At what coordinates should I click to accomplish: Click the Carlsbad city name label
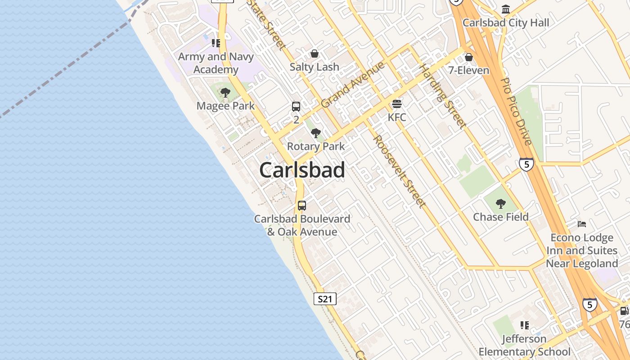pyautogui.click(x=302, y=170)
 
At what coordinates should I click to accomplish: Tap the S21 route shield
pyautogui.click(x=324, y=299)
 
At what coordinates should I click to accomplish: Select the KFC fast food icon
pyautogui.click(x=396, y=104)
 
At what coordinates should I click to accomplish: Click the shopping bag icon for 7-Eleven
pyautogui.click(x=469, y=57)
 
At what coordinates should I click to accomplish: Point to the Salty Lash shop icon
pyautogui.click(x=315, y=54)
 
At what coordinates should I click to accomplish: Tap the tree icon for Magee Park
pyautogui.click(x=225, y=93)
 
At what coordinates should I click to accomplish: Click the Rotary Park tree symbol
pyautogui.click(x=316, y=133)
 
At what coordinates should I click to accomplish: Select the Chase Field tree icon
pyautogui.click(x=500, y=204)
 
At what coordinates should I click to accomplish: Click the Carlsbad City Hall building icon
pyautogui.click(x=506, y=9)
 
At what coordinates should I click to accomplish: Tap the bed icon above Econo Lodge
pyautogui.click(x=582, y=224)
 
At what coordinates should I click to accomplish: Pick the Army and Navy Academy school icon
pyautogui.click(x=216, y=43)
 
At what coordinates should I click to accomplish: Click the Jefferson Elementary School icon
pyautogui.click(x=524, y=325)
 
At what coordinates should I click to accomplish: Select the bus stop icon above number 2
pyautogui.click(x=296, y=107)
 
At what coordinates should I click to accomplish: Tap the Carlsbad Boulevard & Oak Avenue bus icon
pyautogui.click(x=302, y=206)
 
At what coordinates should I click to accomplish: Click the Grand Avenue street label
pyautogui.click(x=353, y=84)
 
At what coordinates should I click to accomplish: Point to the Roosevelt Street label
pyautogui.click(x=399, y=171)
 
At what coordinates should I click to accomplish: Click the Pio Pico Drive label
pyautogui.click(x=516, y=111)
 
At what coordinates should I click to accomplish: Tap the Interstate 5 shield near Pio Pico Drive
pyautogui.click(x=526, y=164)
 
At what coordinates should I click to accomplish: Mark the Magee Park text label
pyautogui.click(x=225, y=106)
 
